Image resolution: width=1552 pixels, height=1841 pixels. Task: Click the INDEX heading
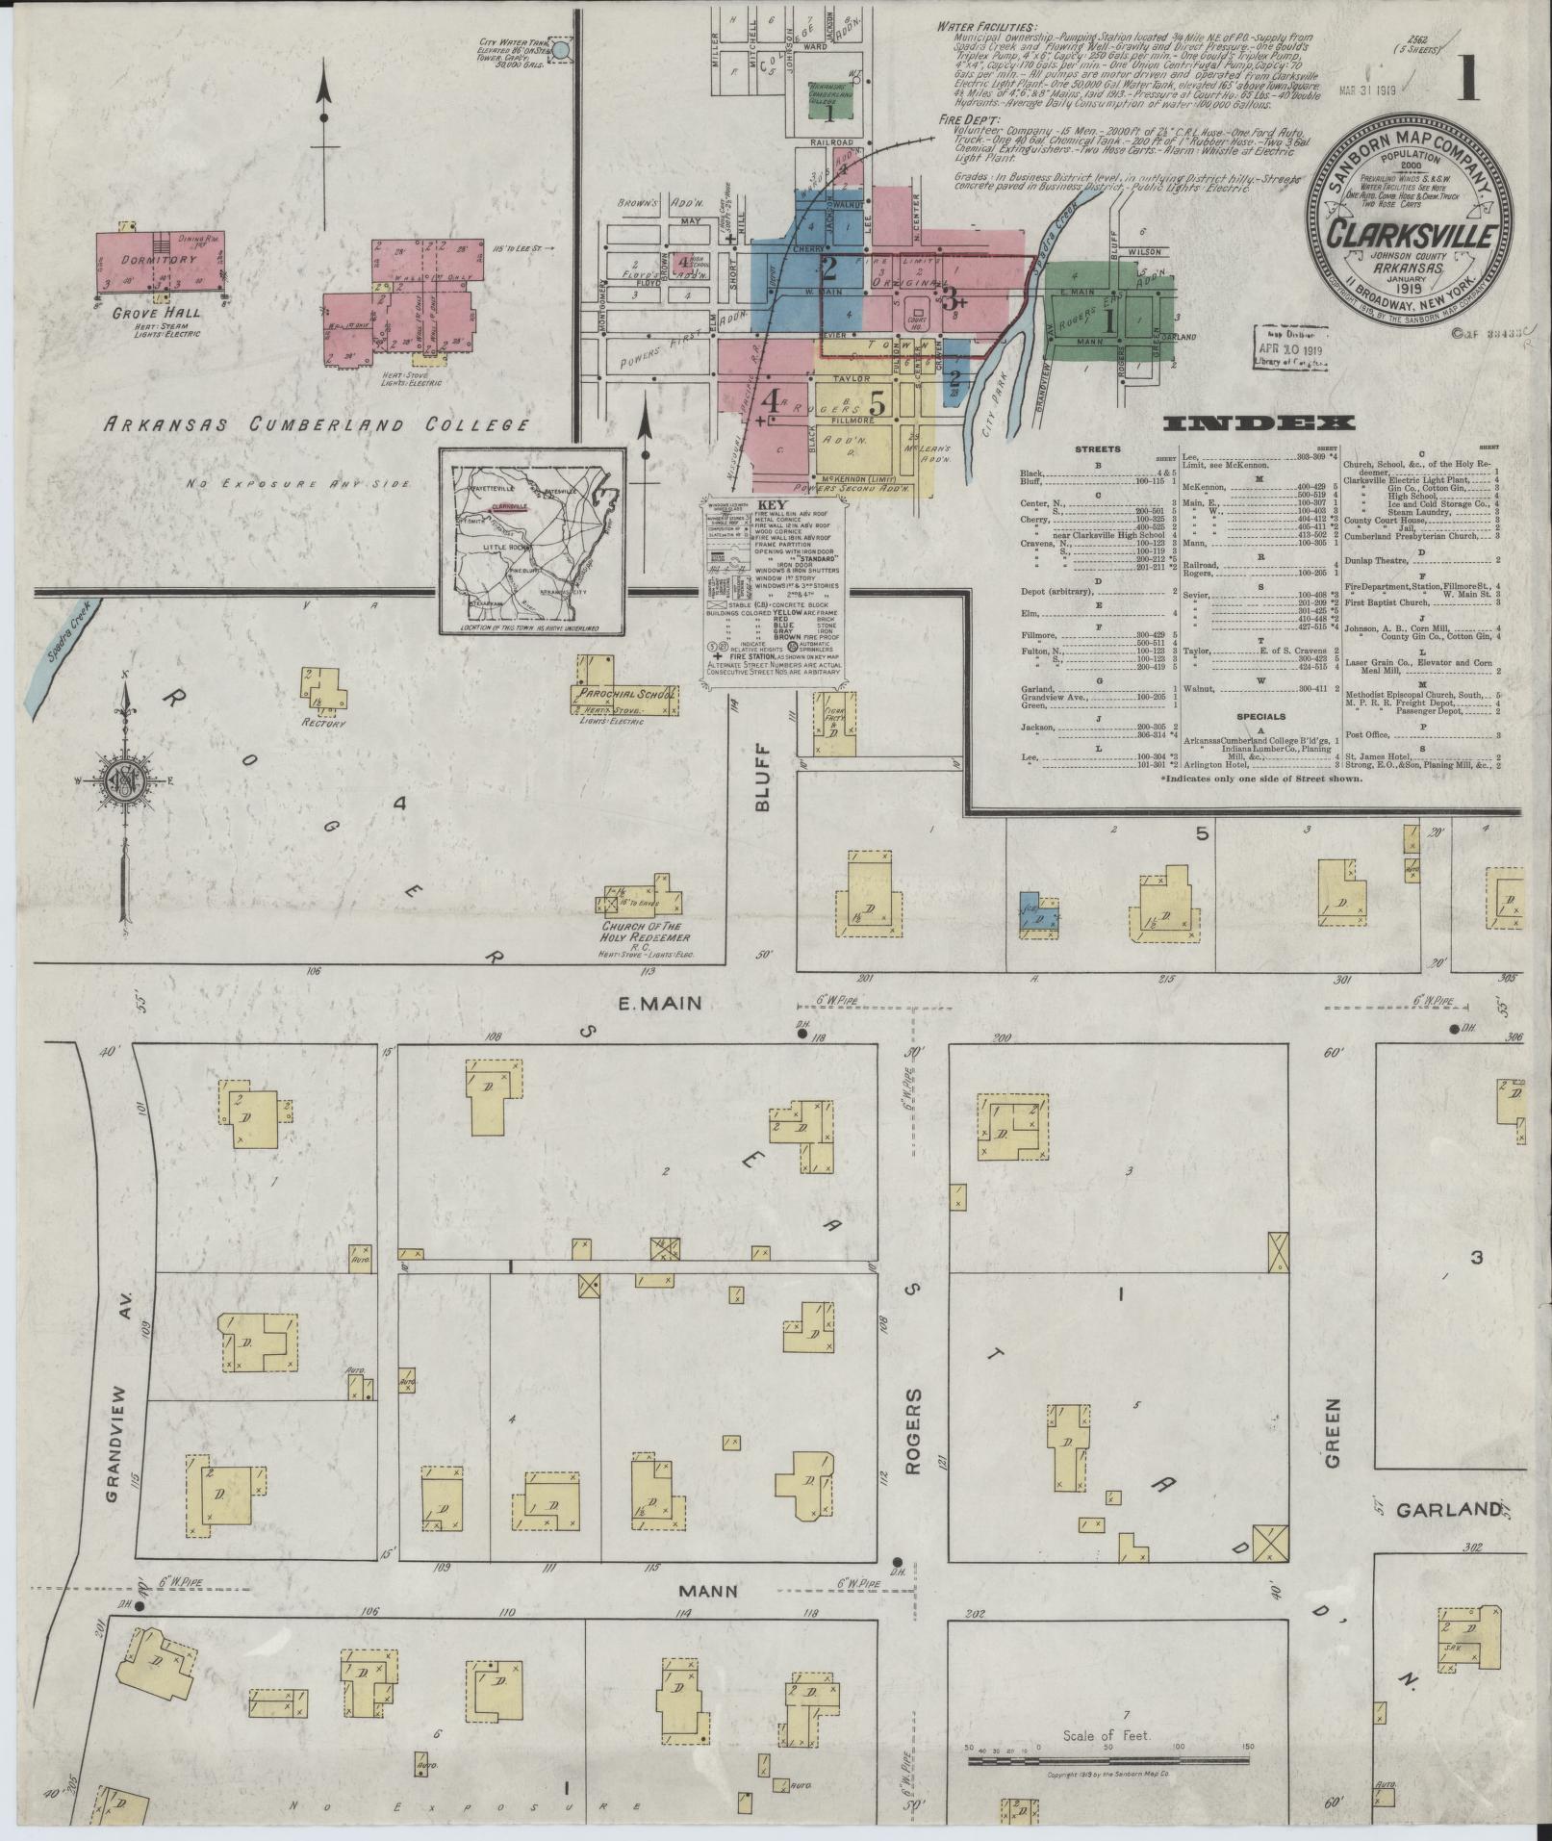pos(1259,422)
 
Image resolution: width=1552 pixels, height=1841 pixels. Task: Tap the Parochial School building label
pos(626,693)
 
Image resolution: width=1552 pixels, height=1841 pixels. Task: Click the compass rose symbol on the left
pos(124,780)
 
